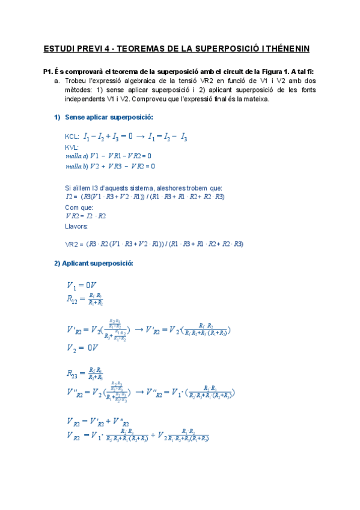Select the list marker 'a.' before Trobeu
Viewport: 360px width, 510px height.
56,80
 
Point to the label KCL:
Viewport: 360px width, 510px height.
72,138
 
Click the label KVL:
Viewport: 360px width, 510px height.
72,147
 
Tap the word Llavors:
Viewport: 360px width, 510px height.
76,226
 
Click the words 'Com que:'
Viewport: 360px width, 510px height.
79,207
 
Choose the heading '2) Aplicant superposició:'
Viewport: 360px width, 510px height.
93,263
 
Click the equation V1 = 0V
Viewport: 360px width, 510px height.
82,284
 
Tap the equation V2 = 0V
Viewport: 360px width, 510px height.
82,348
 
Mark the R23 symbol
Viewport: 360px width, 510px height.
72,373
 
